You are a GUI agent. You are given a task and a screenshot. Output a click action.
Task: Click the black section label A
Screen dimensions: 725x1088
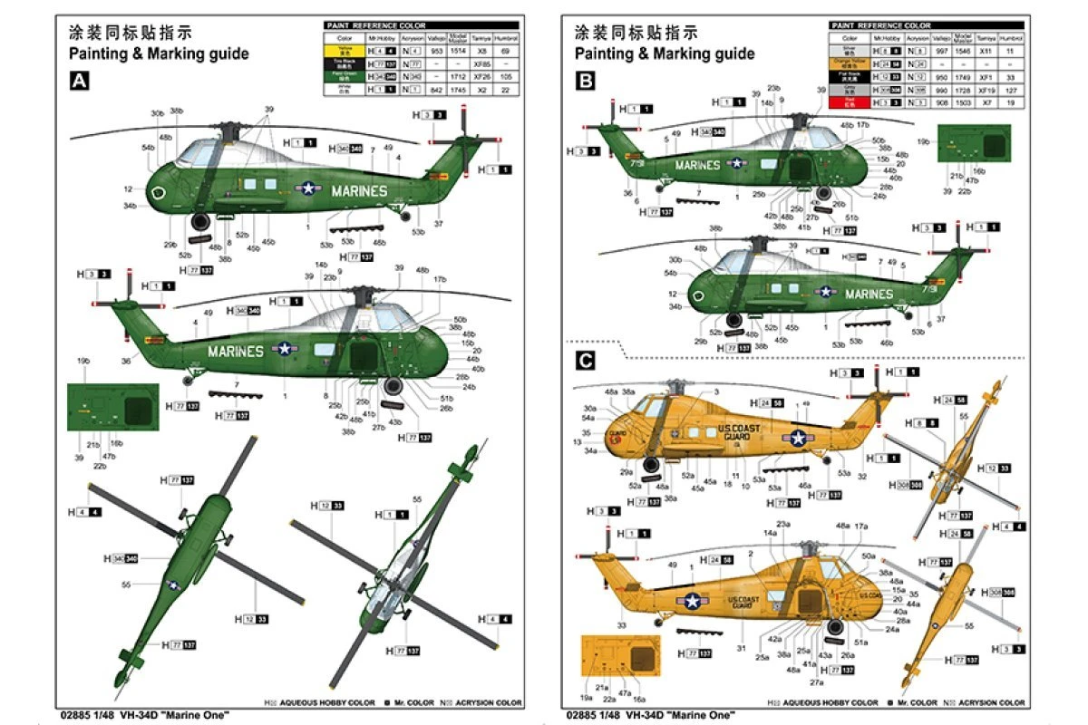(80, 82)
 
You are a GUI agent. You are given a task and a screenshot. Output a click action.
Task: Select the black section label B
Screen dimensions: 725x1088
(585, 82)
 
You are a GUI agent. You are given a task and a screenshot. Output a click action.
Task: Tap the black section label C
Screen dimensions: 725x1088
(585, 361)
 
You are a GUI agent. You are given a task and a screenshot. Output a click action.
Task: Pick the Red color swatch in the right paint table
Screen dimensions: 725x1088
(850, 102)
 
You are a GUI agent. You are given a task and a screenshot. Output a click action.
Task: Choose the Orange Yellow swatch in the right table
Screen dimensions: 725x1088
(850, 64)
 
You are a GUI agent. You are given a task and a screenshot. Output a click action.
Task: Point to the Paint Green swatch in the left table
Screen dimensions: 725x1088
(345, 78)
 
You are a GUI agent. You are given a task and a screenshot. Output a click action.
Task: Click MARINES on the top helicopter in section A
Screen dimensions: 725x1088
(359, 191)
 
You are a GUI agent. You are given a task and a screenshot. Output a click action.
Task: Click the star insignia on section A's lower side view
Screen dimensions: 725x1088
(286, 348)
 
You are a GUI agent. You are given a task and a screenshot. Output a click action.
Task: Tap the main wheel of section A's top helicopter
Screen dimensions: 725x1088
(200, 223)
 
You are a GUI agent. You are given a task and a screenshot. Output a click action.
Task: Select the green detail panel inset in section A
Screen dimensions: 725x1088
(112, 409)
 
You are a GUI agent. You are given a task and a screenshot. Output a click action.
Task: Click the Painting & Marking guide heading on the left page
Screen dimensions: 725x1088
(158, 53)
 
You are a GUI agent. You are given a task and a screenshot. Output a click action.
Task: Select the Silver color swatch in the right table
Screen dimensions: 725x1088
(850, 52)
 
